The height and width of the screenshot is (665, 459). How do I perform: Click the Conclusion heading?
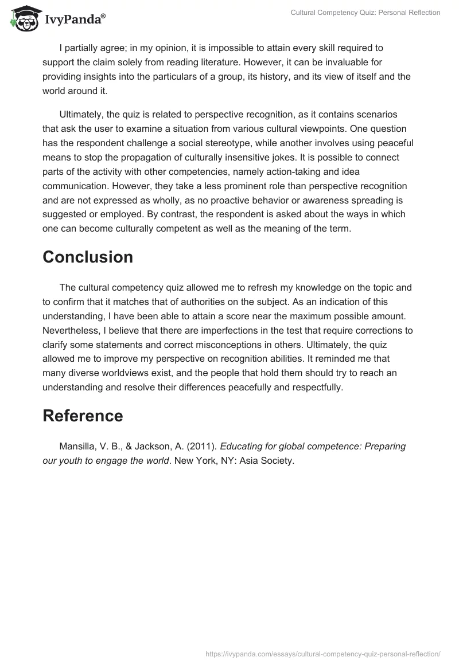(88, 257)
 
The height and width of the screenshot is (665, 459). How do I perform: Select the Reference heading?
(83, 416)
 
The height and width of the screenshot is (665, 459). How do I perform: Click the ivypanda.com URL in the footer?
(323, 653)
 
